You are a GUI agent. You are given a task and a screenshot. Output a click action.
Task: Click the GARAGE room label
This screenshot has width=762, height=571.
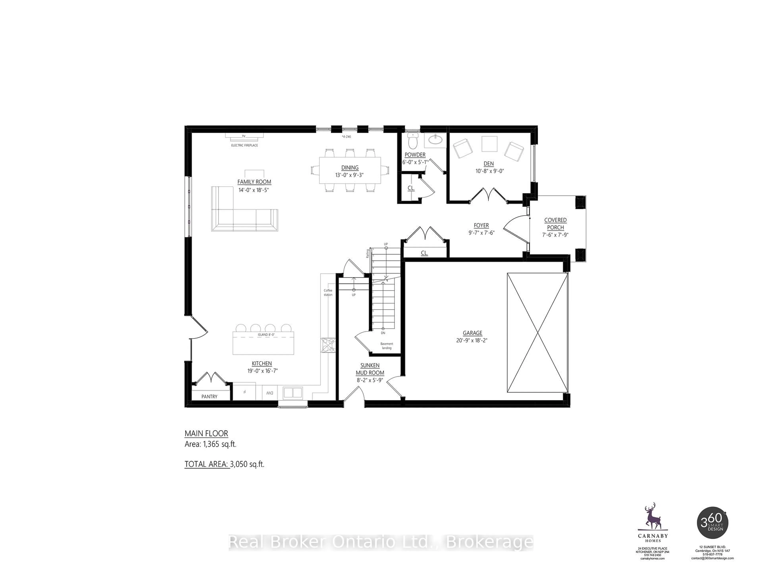coord(472,333)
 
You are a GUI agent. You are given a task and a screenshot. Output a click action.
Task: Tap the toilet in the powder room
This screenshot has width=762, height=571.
coord(412,140)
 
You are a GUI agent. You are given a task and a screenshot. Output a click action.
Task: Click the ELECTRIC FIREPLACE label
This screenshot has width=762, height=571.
coord(244,146)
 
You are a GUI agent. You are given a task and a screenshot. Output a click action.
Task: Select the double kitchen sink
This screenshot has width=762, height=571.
coord(293,392)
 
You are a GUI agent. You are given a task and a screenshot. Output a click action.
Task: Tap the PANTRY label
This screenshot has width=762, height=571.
coord(209,397)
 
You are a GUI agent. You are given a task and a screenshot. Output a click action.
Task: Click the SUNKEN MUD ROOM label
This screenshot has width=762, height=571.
coord(370,369)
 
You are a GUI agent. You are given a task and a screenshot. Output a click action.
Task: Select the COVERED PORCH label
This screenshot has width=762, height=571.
coord(555,224)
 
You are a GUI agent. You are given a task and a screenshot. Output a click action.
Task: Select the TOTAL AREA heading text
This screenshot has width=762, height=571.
coord(207,464)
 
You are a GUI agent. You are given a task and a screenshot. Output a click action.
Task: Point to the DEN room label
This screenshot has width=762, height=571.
coord(489,164)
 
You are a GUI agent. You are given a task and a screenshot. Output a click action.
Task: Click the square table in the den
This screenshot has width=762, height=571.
coord(489,144)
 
